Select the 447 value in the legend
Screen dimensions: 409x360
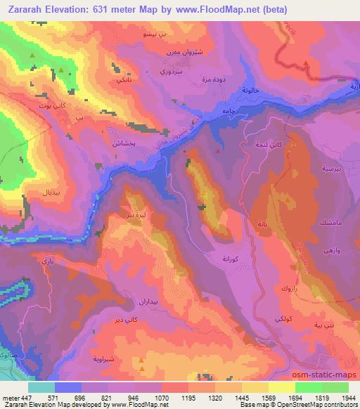click(25, 398)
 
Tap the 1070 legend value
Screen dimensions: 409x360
click(161, 398)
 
